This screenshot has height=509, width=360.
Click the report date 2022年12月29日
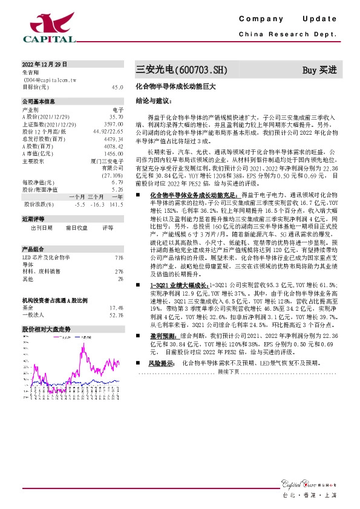pos(44,64)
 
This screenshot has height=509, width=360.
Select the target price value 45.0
pos(117,87)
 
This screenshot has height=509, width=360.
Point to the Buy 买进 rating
pos(319,70)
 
